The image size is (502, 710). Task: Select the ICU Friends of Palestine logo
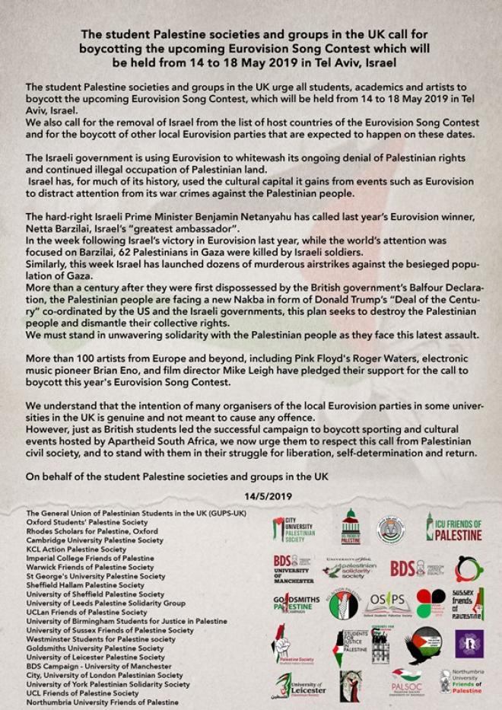[453, 527]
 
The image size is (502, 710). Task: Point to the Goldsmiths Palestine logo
[294, 605]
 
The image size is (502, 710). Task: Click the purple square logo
[469, 643]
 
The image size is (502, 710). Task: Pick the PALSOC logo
[406, 683]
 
